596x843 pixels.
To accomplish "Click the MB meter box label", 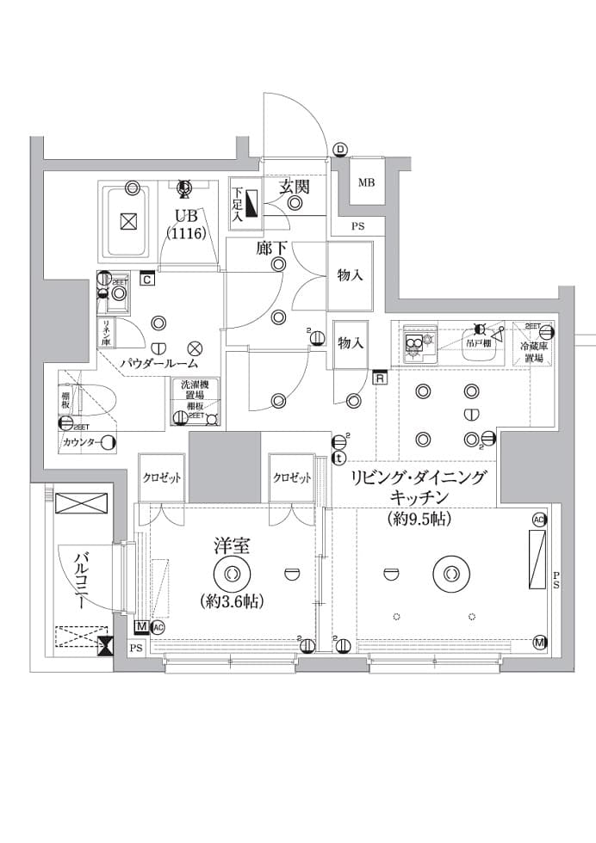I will (366, 183).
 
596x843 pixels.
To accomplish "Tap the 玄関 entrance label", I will (294, 186).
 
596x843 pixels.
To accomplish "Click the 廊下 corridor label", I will (271, 249).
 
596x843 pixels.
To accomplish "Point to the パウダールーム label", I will (158, 364).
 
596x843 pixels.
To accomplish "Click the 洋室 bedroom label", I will (232, 545).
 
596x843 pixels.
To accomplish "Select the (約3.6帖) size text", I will (232, 600).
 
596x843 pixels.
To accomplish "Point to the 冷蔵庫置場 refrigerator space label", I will (531, 352).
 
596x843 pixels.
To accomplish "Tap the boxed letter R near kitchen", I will (380, 376).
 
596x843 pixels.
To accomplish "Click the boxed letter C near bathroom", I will (147, 279).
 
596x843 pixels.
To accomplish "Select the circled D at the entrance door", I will (341, 150).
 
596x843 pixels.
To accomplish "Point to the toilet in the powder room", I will (95, 400).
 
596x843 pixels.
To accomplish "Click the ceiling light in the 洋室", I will (232, 573).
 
